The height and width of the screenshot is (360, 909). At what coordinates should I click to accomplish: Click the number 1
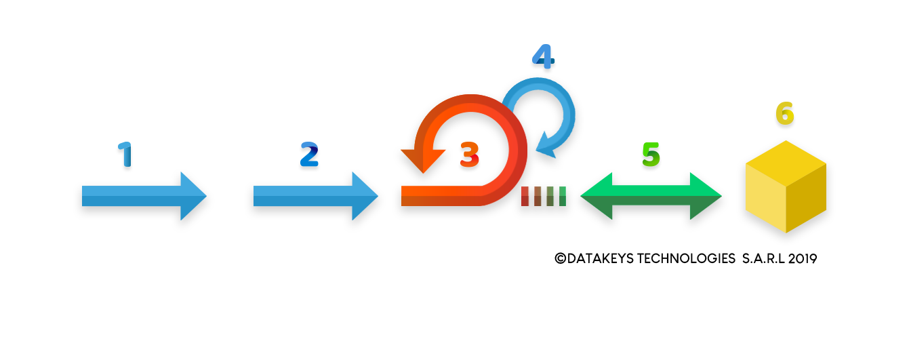click(x=125, y=155)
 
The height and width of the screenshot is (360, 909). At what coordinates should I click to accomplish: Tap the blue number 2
click(x=309, y=155)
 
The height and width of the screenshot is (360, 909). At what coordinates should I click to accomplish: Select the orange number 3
click(x=469, y=155)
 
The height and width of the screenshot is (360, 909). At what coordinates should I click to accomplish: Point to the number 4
click(x=543, y=56)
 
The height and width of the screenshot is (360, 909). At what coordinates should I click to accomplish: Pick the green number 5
click(x=651, y=155)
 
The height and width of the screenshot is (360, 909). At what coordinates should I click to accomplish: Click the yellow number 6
click(x=785, y=114)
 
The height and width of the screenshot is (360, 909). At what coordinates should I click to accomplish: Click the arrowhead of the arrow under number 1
click(x=192, y=196)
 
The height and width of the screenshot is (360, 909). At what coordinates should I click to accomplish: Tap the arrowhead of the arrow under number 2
click(x=363, y=196)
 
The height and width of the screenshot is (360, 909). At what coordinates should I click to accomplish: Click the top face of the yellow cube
click(x=786, y=163)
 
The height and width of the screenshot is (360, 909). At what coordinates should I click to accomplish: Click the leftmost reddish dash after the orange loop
click(x=525, y=196)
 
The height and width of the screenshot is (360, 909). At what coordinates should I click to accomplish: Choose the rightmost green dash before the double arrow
click(x=563, y=196)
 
